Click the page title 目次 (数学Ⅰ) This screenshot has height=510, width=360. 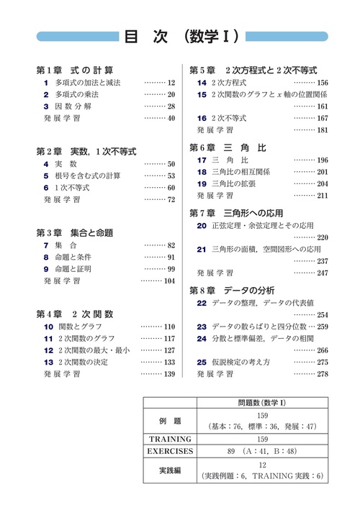[x=181, y=37]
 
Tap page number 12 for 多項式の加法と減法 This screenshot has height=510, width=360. [x=171, y=83]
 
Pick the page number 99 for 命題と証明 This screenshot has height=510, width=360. [x=171, y=269]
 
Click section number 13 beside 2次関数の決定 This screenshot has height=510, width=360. [x=48, y=362]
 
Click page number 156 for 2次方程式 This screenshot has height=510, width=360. [x=322, y=83]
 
